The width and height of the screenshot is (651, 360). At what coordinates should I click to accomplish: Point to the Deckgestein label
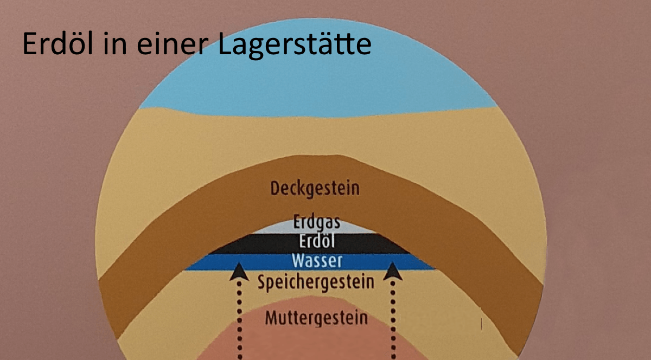pyautogui.click(x=315, y=189)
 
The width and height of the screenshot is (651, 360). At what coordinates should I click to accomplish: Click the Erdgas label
pyautogui.click(x=317, y=222)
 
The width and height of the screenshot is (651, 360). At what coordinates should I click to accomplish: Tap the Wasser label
pyautogui.click(x=317, y=261)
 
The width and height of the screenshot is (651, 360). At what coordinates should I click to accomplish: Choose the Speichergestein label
pyautogui.click(x=316, y=282)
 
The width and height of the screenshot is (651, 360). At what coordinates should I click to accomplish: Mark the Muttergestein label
pyautogui.click(x=316, y=317)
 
